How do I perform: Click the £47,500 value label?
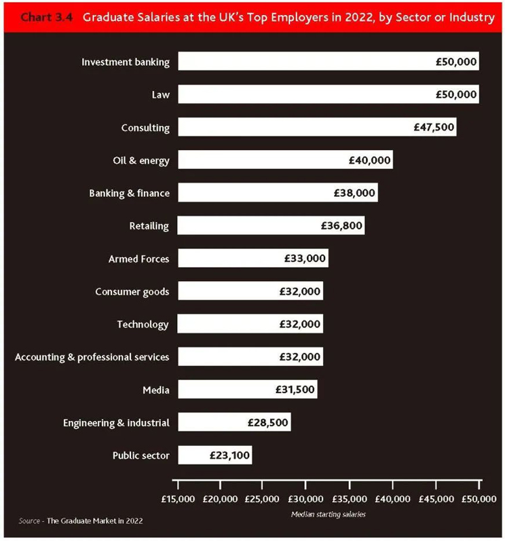coord(434,128)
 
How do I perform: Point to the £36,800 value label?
coord(342,226)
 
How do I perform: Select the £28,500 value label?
coord(268,423)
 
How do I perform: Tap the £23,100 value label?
coord(229,455)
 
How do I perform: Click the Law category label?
coord(160,95)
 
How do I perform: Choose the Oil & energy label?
coord(141,161)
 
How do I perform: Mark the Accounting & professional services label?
coord(92,357)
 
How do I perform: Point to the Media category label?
coord(155,390)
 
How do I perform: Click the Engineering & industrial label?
coord(116,423)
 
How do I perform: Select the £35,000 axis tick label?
coord(349,499)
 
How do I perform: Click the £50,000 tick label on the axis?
coord(478,499)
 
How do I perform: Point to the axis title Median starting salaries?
coord(329,514)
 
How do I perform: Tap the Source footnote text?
coord(81,521)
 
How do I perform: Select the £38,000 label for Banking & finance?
coord(354,193)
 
